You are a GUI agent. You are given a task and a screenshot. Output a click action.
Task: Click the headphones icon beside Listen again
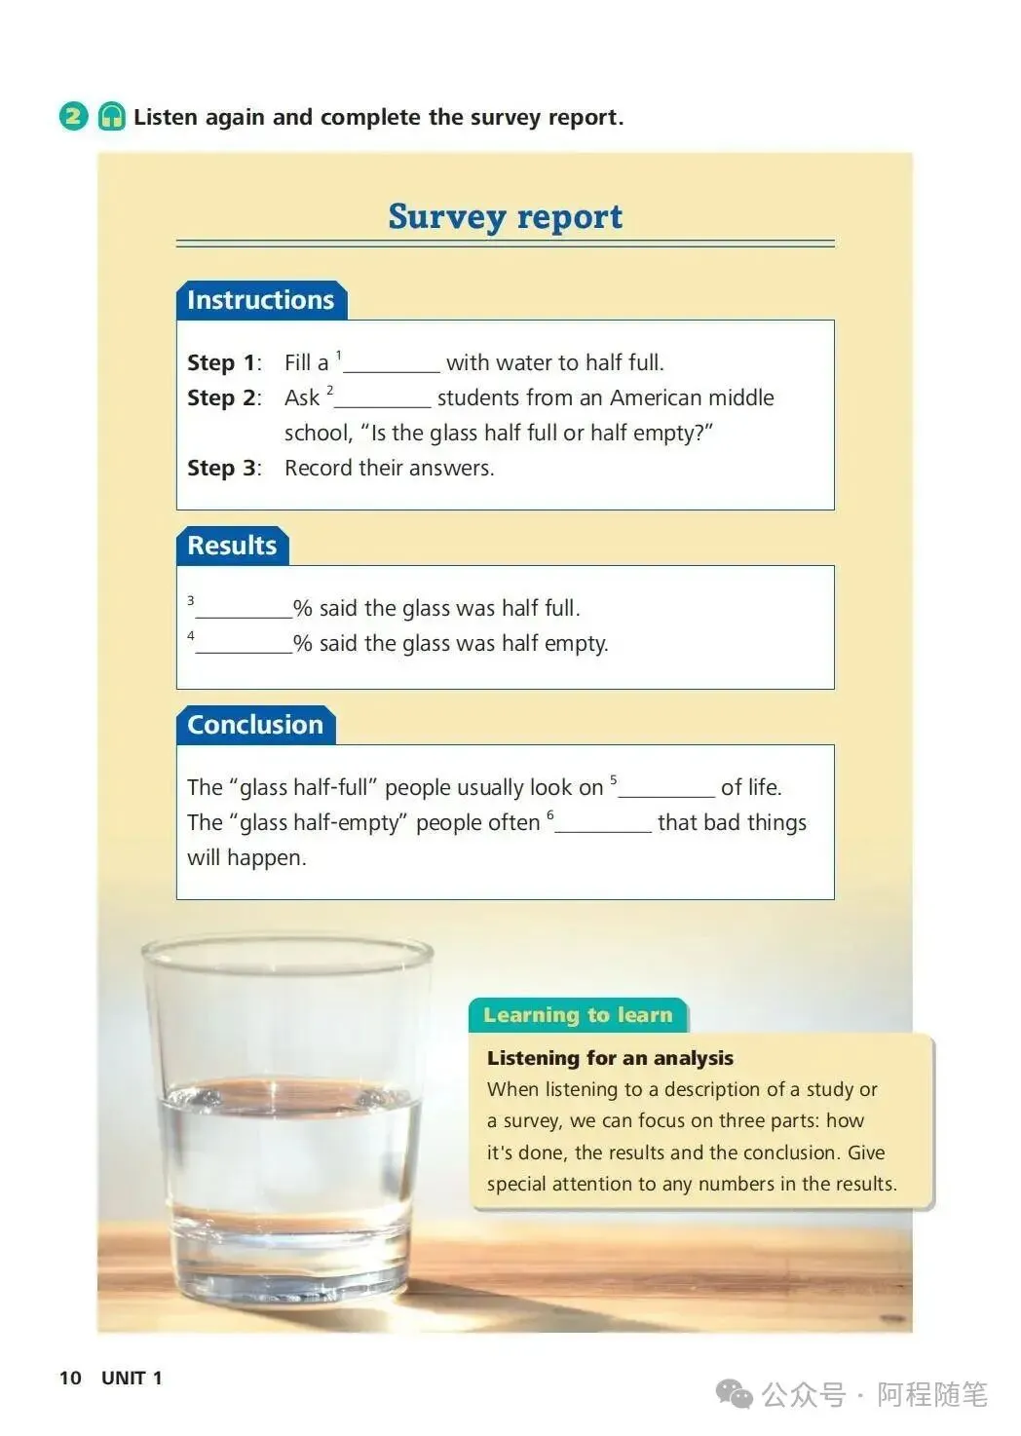112,117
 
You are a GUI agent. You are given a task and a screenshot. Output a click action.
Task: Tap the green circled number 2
74,117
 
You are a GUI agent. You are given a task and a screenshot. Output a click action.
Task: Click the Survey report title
505,216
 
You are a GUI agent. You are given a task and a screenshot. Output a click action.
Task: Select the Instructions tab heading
260,300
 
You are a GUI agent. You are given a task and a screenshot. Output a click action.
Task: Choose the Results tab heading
232,546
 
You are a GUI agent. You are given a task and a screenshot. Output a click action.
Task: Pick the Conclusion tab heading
255,725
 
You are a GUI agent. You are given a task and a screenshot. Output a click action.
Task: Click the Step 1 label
223,363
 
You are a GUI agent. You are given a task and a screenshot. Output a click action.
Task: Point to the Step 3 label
223,469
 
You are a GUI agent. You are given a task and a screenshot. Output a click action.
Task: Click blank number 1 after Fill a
392,365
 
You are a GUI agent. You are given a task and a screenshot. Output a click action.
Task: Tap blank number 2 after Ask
382,400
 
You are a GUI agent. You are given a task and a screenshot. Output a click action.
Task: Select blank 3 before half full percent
244,611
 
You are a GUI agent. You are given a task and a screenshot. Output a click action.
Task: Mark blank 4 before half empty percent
244,646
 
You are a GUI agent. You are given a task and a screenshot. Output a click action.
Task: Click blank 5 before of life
666,790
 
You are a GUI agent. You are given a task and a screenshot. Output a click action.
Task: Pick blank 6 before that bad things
603,825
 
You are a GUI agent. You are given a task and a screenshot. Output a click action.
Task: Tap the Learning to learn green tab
578,1015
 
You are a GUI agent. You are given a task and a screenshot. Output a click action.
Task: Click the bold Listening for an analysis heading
610,1058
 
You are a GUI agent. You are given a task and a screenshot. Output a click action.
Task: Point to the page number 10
70,1378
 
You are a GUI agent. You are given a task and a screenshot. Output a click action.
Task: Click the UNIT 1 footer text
132,1378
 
